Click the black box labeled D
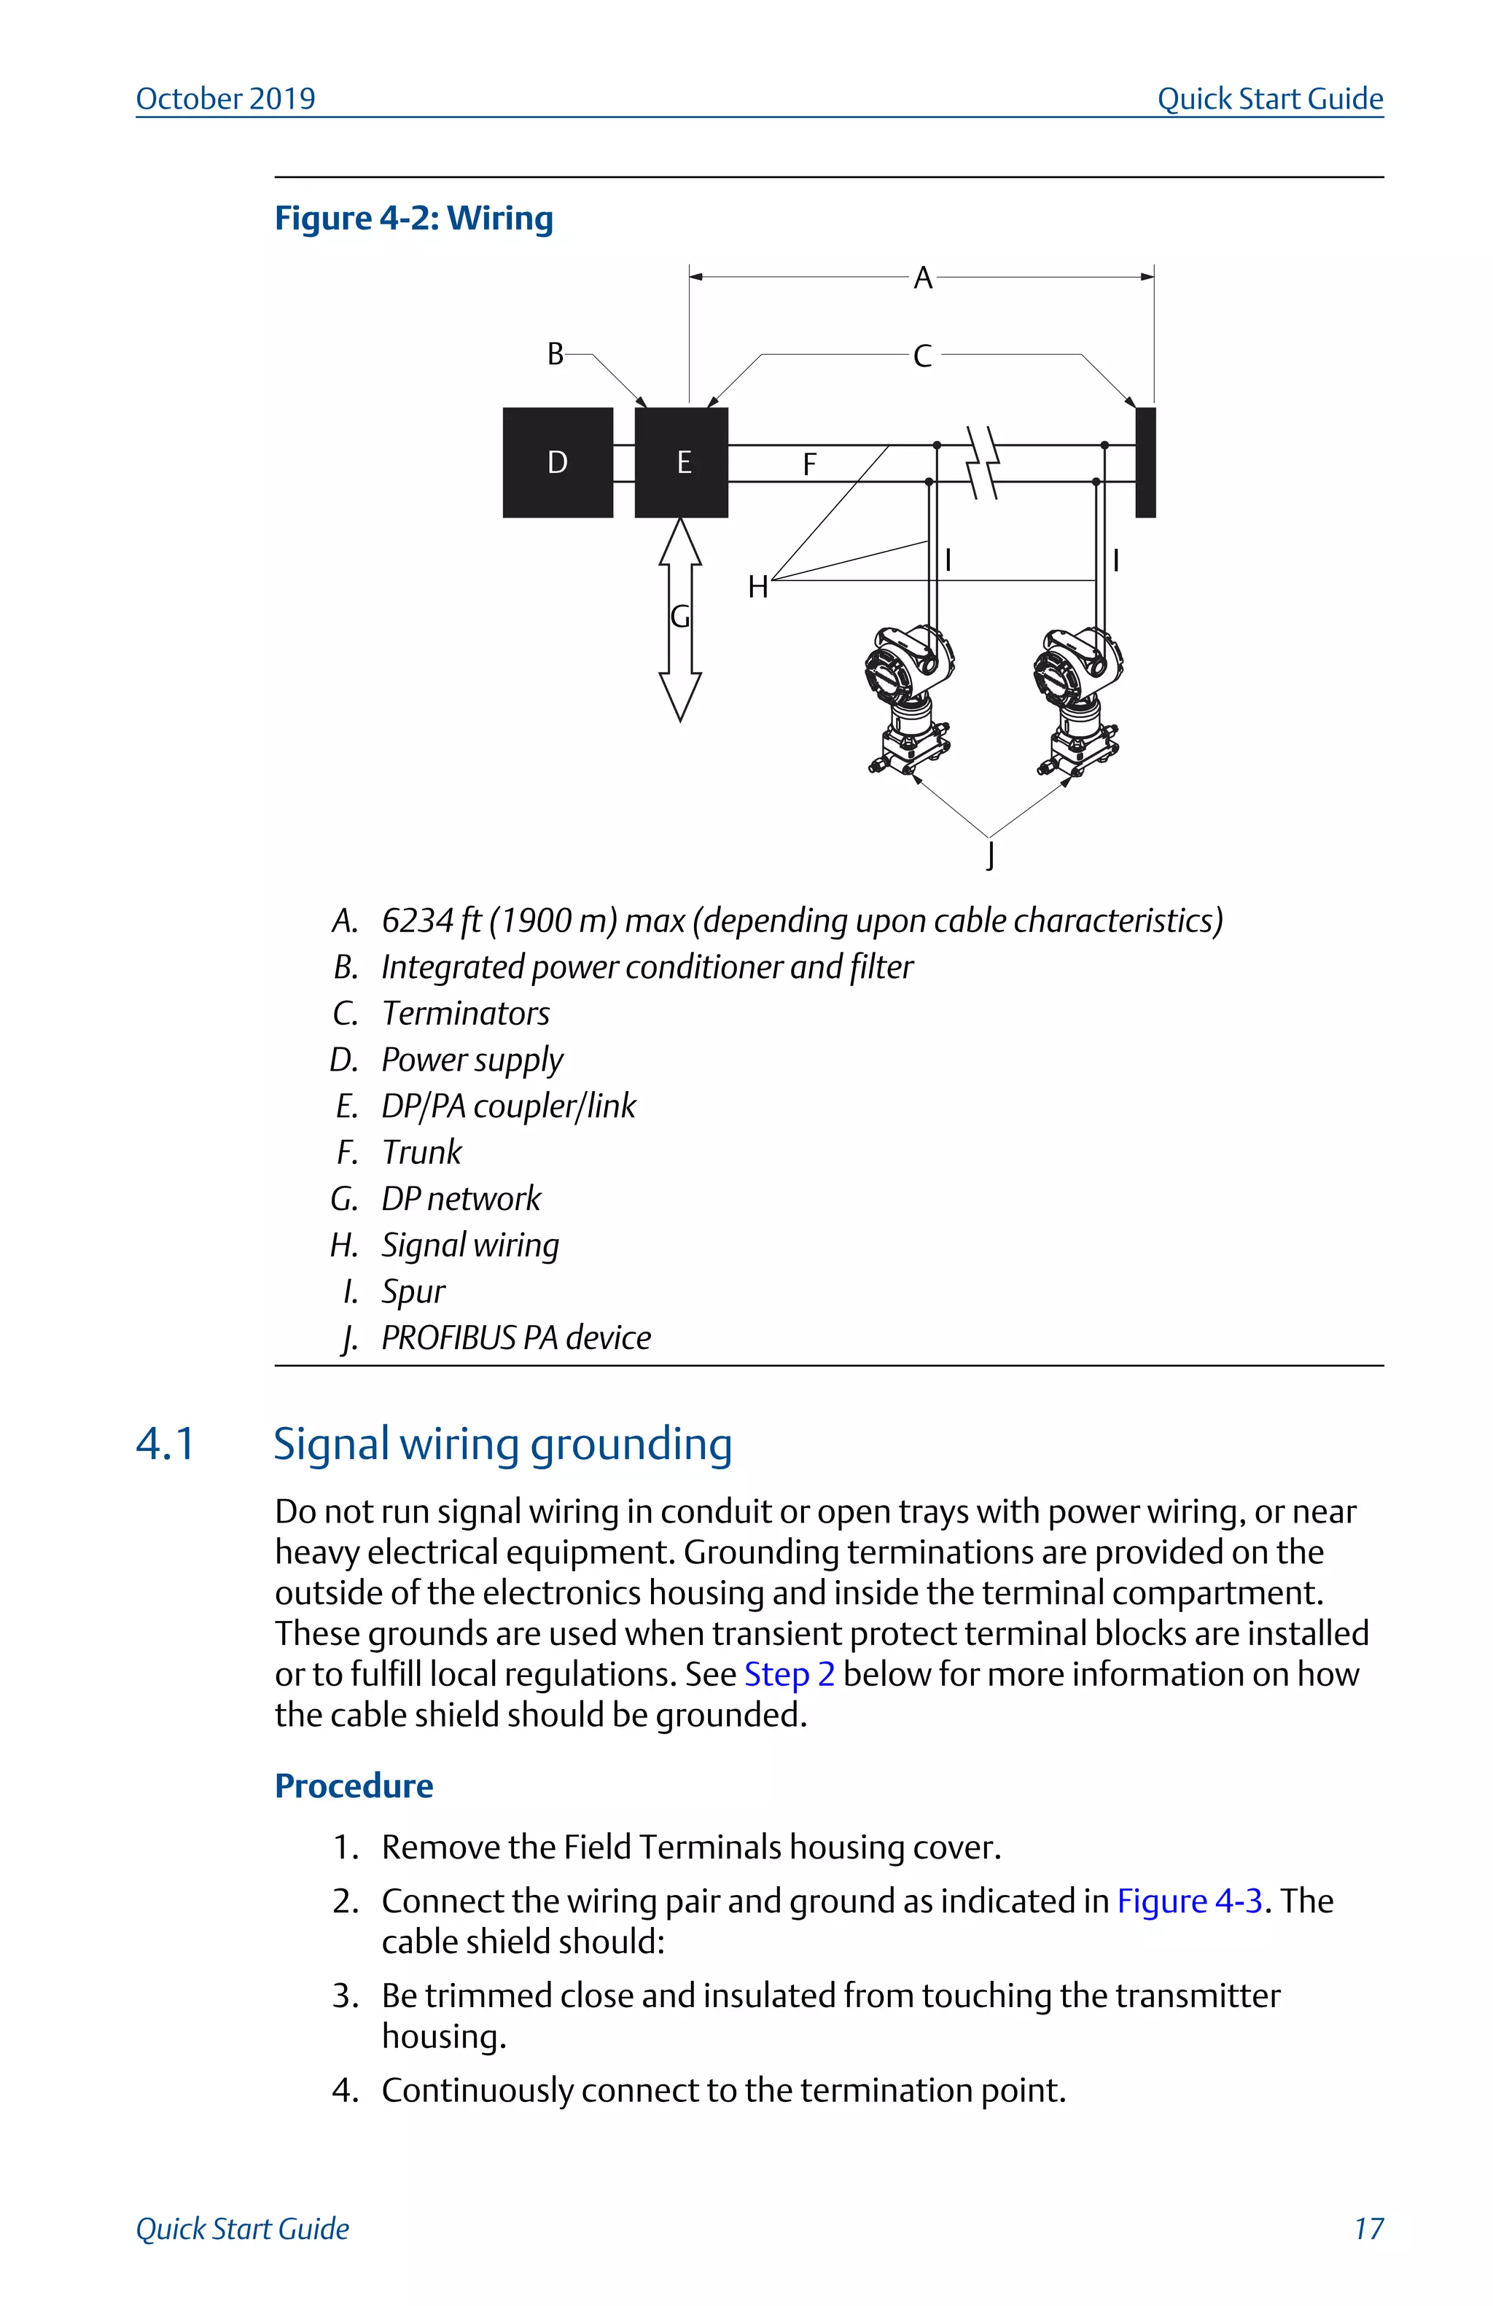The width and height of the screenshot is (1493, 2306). (x=557, y=462)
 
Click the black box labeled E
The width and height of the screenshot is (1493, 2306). (x=681, y=462)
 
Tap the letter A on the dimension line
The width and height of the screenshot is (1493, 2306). (x=922, y=278)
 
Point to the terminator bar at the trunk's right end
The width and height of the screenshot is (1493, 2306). (x=1145, y=462)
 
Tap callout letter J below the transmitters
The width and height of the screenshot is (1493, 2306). (x=990, y=855)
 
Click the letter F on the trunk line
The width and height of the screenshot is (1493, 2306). (x=810, y=465)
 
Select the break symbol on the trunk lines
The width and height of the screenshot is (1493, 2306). (x=984, y=462)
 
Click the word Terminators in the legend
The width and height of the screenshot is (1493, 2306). (x=466, y=1014)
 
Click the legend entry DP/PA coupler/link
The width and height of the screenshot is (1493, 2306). (x=509, y=1106)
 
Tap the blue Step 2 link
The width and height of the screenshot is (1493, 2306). (x=789, y=1674)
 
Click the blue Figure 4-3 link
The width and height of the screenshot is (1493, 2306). (x=1189, y=1901)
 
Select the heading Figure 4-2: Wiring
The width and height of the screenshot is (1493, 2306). (x=413, y=218)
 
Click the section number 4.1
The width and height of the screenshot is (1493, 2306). (x=165, y=1444)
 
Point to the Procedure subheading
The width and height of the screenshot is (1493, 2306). (x=354, y=1786)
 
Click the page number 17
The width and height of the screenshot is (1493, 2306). (x=1368, y=2229)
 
